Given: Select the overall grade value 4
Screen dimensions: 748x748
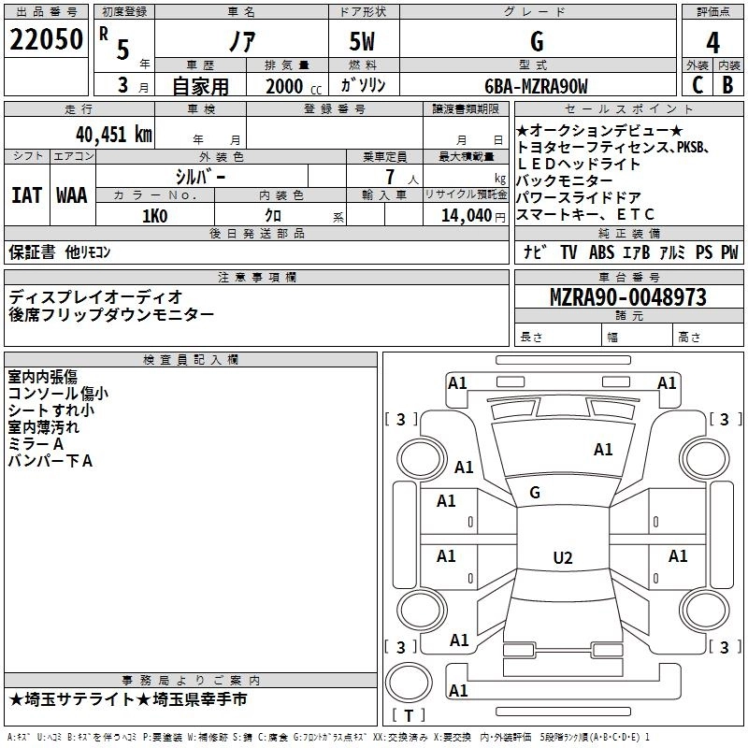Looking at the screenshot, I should tap(713, 42).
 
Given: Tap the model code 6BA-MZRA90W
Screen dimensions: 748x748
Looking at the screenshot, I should tap(537, 87).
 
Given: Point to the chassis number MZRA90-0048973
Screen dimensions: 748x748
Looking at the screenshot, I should tap(627, 298).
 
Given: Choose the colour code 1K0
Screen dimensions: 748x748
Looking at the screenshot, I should tap(154, 216).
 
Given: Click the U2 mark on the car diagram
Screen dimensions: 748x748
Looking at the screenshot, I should tap(562, 558).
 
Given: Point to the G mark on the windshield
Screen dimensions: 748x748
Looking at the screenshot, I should tap(535, 493).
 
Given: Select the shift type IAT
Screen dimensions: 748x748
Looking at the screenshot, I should tap(26, 194).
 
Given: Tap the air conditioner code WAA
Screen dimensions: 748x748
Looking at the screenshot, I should tap(72, 194).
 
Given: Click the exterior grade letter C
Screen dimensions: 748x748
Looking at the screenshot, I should tap(698, 85).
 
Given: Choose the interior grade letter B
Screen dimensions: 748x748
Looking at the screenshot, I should tap(728, 85).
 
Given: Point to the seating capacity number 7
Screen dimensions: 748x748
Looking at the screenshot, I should tap(388, 177).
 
